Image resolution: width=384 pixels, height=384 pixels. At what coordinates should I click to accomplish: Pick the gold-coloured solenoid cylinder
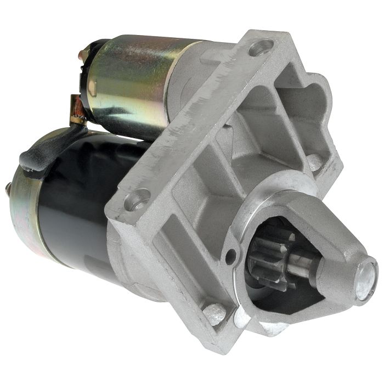pos(132,77)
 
